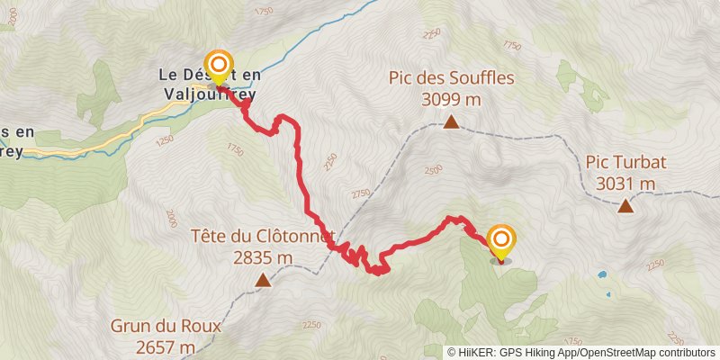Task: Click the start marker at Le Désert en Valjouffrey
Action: pyautogui.click(x=218, y=66)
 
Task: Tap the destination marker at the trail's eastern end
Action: pyautogui.click(x=501, y=240)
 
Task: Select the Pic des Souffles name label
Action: pyautogui.click(x=452, y=77)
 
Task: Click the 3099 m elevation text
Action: pyautogui.click(x=452, y=98)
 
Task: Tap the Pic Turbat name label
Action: pyautogui.click(x=625, y=163)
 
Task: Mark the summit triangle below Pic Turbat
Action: pyautogui.click(x=625, y=206)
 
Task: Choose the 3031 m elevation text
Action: pyautogui.click(x=625, y=184)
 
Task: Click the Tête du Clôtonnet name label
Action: pyautogui.click(x=263, y=237)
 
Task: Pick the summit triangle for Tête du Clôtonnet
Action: pyautogui.click(x=263, y=281)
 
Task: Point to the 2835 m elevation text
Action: pyautogui.click(x=263, y=257)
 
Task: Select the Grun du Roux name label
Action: pyautogui.click(x=153, y=326)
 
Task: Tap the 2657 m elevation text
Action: pyautogui.click(x=153, y=346)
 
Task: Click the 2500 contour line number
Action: pyautogui.click(x=434, y=169)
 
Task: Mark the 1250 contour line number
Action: pyautogui.click(x=163, y=141)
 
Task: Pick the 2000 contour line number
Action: pyautogui.click(x=171, y=218)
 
